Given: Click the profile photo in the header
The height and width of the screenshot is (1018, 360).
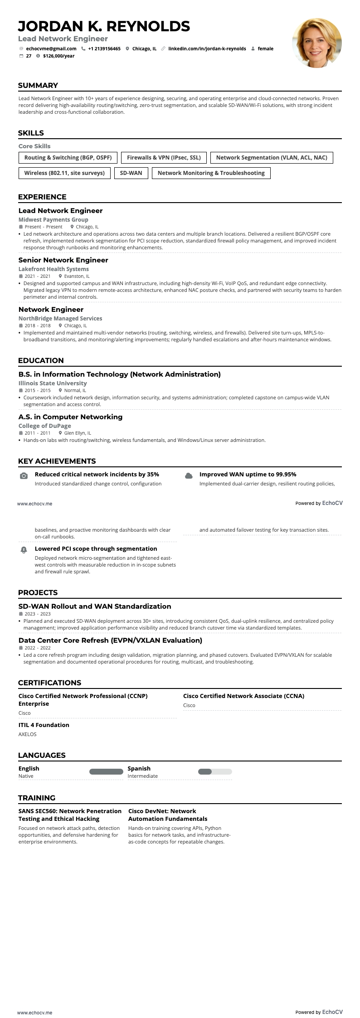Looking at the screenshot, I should click(x=316, y=43).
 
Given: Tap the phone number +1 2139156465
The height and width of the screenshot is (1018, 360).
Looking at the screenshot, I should click(x=104, y=48).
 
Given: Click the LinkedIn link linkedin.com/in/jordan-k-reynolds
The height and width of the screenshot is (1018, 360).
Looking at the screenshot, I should click(x=207, y=48).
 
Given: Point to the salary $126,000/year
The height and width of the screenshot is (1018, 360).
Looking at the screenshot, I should click(x=58, y=56).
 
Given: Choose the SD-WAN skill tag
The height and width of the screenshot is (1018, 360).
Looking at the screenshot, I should click(x=131, y=173).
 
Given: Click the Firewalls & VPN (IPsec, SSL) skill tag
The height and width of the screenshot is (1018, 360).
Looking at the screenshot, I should click(x=164, y=158).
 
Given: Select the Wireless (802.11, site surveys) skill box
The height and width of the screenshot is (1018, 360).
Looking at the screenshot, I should click(x=64, y=173).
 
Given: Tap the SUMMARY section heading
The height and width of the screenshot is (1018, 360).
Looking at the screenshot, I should click(x=38, y=86).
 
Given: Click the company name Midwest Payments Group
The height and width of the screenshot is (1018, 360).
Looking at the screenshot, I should click(x=53, y=220).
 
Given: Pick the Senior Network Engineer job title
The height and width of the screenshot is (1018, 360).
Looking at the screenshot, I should click(x=63, y=260).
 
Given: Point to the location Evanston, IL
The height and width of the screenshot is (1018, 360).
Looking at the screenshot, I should click(x=77, y=276).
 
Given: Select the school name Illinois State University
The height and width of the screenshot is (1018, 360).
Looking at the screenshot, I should click(x=52, y=383).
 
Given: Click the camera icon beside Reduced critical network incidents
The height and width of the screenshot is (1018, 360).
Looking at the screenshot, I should click(x=24, y=476).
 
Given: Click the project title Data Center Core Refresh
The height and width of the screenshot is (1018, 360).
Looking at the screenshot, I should click(x=110, y=640).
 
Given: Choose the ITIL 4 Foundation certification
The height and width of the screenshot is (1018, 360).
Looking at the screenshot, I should click(x=44, y=725).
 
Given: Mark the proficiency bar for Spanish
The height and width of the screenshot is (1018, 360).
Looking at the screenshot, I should click(x=215, y=772).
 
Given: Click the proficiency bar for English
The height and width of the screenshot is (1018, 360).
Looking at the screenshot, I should click(x=106, y=772).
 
